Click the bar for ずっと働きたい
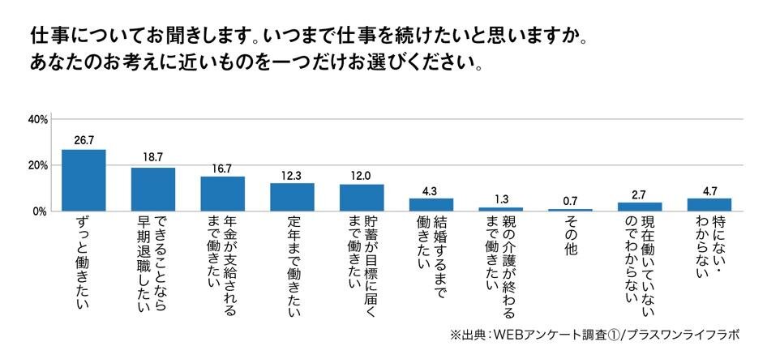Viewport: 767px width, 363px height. coord(84,181)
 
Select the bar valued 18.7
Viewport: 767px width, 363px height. coord(153,190)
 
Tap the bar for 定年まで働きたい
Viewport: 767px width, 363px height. coord(292,197)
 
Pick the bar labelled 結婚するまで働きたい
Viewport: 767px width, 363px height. coord(431,205)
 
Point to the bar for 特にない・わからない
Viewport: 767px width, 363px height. coord(709,205)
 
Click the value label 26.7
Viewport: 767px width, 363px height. coord(84,140)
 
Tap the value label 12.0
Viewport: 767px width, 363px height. coord(361,176)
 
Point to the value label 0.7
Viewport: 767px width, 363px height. coord(569,201)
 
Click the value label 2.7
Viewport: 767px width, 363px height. coord(640,194)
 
